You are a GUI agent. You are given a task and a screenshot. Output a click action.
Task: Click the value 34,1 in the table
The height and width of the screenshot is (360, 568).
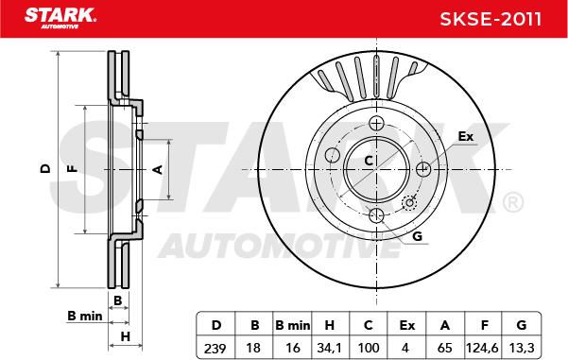click(x=330, y=347)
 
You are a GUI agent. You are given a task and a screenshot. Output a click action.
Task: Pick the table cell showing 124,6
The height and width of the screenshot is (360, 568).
click(x=484, y=347)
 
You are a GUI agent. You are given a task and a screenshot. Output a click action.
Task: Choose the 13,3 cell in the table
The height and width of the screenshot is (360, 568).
click(x=523, y=347)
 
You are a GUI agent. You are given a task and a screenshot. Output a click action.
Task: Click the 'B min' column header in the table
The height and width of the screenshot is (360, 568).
click(x=292, y=325)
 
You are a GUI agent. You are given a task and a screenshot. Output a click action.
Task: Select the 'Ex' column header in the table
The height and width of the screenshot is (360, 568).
click(x=407, y=325)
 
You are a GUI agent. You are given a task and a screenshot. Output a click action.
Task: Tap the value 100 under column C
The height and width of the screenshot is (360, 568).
click(x=369, y=347)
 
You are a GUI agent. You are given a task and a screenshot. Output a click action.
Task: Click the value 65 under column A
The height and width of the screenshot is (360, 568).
click(x=445, y=347)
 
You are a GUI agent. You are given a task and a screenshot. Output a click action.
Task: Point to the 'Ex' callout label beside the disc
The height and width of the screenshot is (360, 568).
click(x=465, y=137)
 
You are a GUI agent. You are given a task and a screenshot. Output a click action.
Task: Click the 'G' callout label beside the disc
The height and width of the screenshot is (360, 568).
click(x=416, y=236)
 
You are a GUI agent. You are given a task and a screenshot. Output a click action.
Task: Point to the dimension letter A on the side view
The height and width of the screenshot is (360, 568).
click(x=159, y=169)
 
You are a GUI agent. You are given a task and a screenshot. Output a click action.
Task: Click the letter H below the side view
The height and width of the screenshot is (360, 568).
click(x=124, y=336)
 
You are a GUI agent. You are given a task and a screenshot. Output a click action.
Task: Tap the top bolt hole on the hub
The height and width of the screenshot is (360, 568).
click(x=376, y=125)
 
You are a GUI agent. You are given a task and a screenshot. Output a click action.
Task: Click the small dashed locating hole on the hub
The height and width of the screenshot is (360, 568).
click(x=410, y=202)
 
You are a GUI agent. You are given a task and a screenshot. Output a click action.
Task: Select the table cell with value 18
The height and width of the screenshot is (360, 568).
click(x=253, y=347)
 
